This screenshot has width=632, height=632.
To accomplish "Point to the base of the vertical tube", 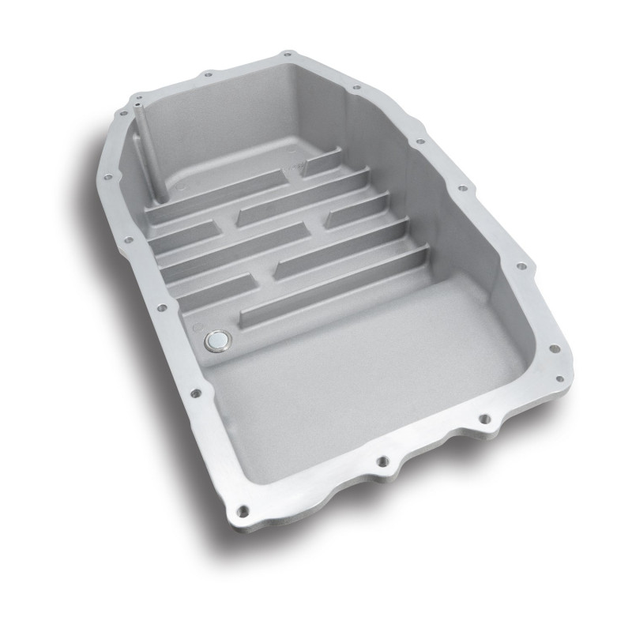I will point(158,196).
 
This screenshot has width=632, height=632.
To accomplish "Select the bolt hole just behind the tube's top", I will point(136,93).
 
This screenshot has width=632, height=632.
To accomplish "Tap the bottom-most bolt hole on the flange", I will point(243,510).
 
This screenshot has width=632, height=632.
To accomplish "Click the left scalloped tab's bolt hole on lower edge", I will point(381,460).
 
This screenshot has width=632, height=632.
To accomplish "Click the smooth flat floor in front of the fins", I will point(355,371).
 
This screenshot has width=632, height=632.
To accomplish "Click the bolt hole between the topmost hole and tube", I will point(208,74).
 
